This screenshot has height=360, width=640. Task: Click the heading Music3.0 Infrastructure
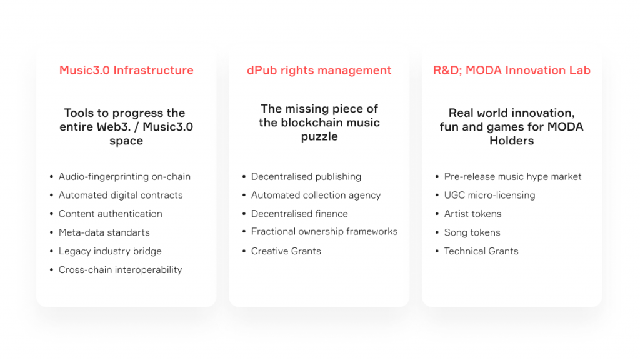pyautogui.click(x=126, y=70)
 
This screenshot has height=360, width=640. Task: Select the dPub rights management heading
pyautogui.click(x=319, y=71)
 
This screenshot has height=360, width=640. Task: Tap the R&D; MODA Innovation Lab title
pyautogui.click(x=511, y=70)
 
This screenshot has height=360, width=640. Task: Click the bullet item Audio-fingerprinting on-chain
pyautogui.click(x=124, y=177)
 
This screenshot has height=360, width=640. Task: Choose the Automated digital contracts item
pyautogui.click(x=121, y=195)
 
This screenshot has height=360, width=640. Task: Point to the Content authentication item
pyautogui.click(x=110, y=214)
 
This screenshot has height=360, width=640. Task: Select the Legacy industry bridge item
pyautogui.click(x=110, y=251)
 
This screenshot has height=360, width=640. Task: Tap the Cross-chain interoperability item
pyautogui.click(x=121, y=270)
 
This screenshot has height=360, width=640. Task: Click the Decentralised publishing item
pyautogui.click(x=306, y=177)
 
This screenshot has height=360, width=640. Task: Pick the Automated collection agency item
pyautogui.click(x=316, y=196)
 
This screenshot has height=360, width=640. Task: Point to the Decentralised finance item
pyautogui.click(x=299, y=214)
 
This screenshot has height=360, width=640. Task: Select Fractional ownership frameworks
pyautogui.click(x=324, y=232)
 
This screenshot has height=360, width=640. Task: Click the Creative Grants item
pyautogui.click(x=286, y=251)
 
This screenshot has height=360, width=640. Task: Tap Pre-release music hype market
pyautogui.click(x=512, y=177)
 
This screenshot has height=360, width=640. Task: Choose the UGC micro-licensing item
pyautogui.click(x=489, y=196)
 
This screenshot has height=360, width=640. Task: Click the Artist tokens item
pyautogui.click(x=472, y=214)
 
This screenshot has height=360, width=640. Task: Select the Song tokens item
pyautogui.click(x=472, y=232)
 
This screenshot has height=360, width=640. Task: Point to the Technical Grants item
pyautogui.click(x=481, y=251)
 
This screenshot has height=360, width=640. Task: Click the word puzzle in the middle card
pyautogui.click(x=319, y=137)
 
